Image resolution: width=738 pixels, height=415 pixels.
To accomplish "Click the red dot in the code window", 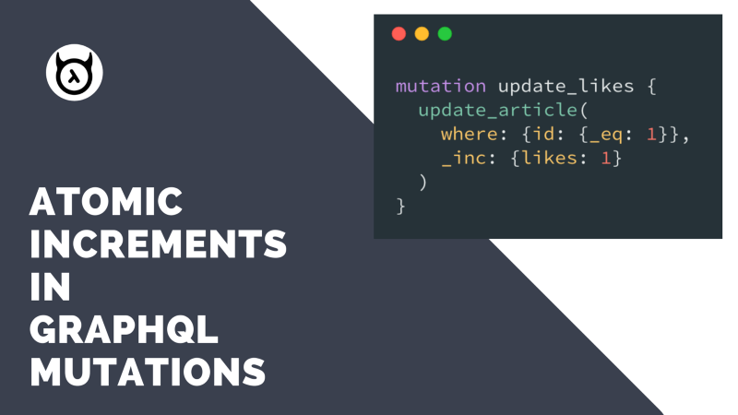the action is [x=399, y=34].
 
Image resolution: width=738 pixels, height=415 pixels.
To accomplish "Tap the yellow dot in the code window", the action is [x=422, y=34].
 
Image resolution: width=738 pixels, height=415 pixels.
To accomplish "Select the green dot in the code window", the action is [x=445, y=34].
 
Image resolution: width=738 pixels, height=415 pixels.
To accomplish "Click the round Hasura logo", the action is [x=75, y=73].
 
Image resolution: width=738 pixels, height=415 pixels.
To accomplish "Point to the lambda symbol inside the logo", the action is [x=74, y=77].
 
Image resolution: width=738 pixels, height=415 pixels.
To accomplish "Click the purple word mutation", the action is [x=441, y=86].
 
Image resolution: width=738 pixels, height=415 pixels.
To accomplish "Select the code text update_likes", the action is [x=565, y=86].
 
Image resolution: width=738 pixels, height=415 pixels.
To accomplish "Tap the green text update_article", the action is [x=497, y=110].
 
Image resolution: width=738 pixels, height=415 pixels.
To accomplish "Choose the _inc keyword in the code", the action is [x=464, y=158].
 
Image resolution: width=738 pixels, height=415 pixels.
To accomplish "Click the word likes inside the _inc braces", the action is [x=549, y=158].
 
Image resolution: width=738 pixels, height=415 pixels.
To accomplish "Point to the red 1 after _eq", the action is [x=652, y=134].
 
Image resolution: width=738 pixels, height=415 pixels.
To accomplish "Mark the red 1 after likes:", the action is [x=606, y=158].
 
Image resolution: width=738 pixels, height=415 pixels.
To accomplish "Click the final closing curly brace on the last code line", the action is [x=400, y=206].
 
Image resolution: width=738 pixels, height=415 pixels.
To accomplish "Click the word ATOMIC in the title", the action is [x=106, y=201].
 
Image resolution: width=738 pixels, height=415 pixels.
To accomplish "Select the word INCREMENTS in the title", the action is [x=158, y=243].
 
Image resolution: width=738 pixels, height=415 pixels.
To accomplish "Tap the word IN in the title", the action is [x=51, y=287].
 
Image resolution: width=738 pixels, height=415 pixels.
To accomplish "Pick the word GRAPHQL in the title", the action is [x=124, y=329].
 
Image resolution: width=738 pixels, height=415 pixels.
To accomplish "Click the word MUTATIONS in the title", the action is [x=148, y=372].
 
